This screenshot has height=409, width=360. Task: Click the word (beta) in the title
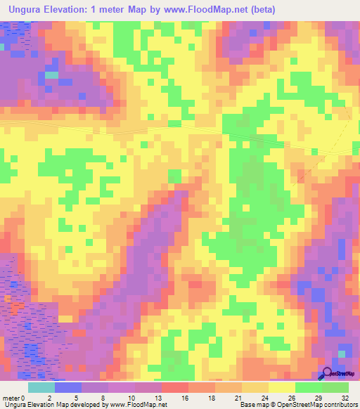point(259,9)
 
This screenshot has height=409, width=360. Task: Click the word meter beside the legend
point(12,397)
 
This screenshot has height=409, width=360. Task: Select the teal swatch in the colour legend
point(41,387)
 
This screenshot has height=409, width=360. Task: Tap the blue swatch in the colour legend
point(68,387)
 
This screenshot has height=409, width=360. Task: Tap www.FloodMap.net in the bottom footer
point(137,405)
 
